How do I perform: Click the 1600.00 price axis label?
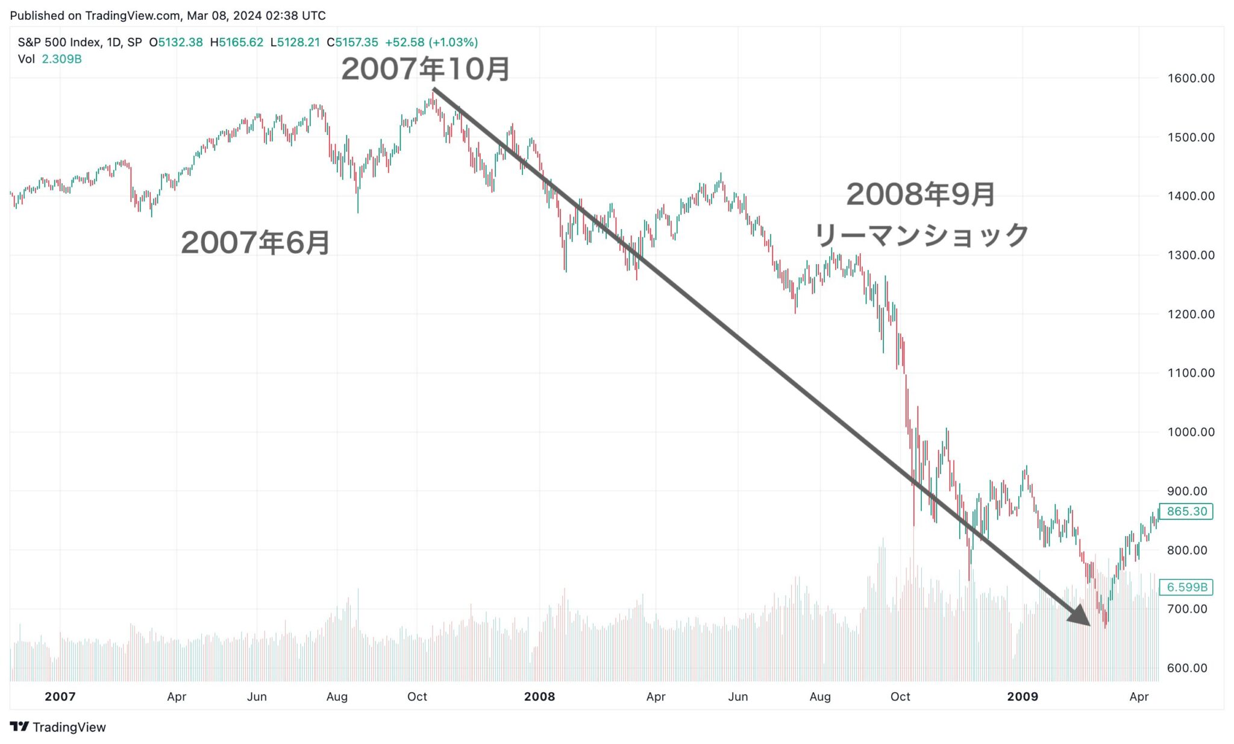tap(1191, 78)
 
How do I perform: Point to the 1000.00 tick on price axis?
tap(1191, 432)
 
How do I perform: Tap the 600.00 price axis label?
tap(1187, 668)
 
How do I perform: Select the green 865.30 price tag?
tap(1186, 512)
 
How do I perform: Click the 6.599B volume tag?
tap(1186, 587)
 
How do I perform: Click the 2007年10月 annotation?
tap(425, 69)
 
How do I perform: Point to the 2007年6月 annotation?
tap(255, 243)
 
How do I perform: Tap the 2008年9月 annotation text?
tap(920, 195)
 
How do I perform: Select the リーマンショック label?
tap(921, 235)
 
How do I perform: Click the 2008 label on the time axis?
tap(539, 697)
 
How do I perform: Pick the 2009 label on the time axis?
tap(1023, 697)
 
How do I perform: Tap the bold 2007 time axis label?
tap(60, 697)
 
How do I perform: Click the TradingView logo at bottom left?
tap(58, 727)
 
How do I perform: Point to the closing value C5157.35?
tap(352, 43)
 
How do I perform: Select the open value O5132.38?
tap(176, 43)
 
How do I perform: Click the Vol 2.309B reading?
tap(50, 59)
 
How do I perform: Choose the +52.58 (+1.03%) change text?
tap(431, 43)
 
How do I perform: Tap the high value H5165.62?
tap(237, 43)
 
